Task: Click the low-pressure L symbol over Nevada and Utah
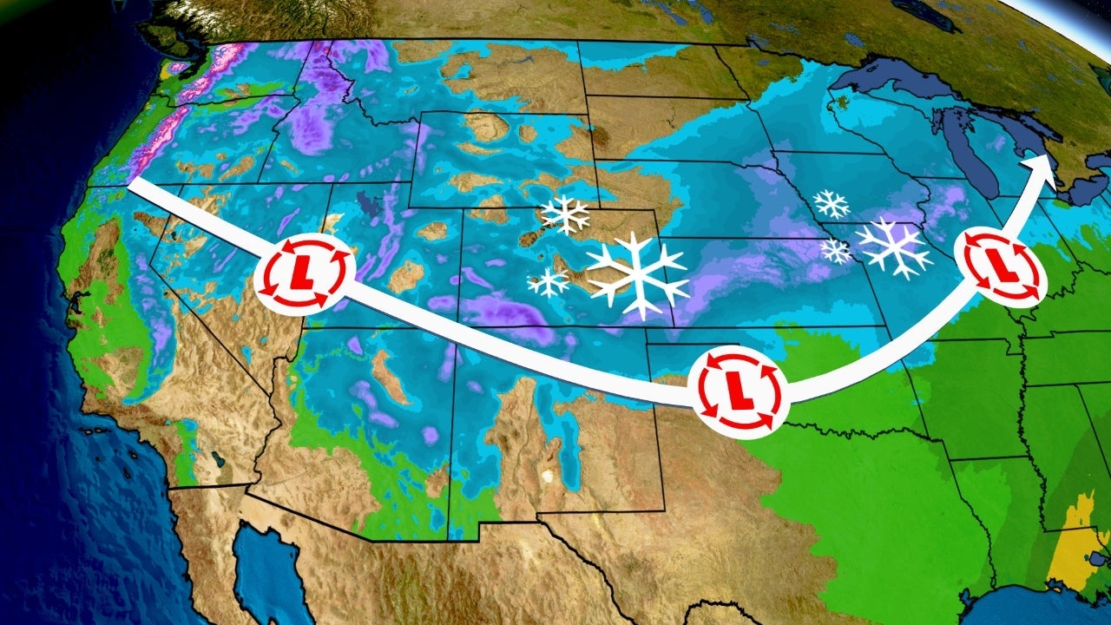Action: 305,273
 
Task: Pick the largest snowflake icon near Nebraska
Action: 637,273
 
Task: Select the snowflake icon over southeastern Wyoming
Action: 565,214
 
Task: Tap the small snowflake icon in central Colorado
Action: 549,282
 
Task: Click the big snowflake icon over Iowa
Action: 893,247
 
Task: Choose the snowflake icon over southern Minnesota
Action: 831,204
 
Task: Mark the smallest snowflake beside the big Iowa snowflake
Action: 836,250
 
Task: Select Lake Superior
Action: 903,82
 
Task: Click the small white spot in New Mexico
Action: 547,475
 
